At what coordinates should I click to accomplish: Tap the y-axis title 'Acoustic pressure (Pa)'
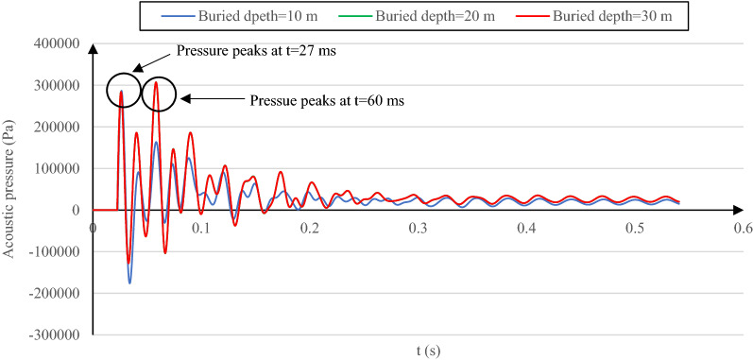point(9,189)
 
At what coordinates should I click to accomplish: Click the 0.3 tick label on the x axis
point(418,228)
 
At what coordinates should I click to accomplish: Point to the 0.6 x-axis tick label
point(743,228)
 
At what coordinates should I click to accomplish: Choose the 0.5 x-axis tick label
point(634,228)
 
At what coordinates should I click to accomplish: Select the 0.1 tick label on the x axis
point(200,228)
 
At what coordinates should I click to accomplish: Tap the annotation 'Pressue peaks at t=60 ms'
point(327,99)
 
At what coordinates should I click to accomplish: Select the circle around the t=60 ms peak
point(158,94)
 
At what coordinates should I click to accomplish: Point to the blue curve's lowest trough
point(129,282)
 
